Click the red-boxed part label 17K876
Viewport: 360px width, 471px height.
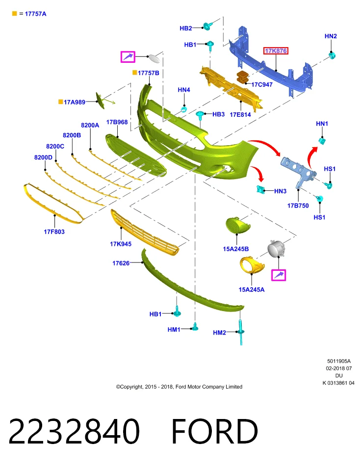click(x=276, y=51)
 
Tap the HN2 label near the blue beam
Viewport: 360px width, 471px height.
click(x=331, y=36)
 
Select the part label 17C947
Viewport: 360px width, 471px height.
click(x=262, y=85)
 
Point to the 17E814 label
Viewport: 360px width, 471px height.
click(x=240, y=114)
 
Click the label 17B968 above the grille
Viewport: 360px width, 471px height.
click(x=117, y=122)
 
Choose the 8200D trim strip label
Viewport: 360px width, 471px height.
click(x=43, y=157)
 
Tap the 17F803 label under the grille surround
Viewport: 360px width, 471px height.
click(x=54, y=232)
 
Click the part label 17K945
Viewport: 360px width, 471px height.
click(x=121, y=244)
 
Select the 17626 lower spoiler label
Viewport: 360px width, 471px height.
click(x=121, y=263)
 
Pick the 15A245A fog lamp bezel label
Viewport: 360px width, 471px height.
click(x=252, y=289)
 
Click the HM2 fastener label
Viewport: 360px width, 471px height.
click(x=219, y=333)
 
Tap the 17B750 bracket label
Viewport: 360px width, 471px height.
click(x=298, y=206)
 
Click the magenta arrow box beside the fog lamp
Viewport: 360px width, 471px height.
click(x=278, y=275)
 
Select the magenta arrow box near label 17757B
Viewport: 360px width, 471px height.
click(x=128, y=57)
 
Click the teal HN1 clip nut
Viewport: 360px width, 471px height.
click(x=322, y=140)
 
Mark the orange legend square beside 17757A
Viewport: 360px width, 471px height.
click(x=14, y=14)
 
